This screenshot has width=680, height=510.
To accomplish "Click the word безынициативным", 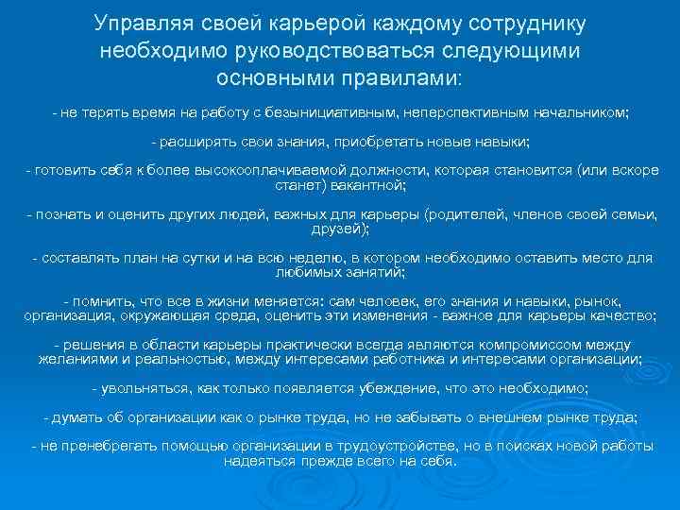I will pos(327,112).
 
